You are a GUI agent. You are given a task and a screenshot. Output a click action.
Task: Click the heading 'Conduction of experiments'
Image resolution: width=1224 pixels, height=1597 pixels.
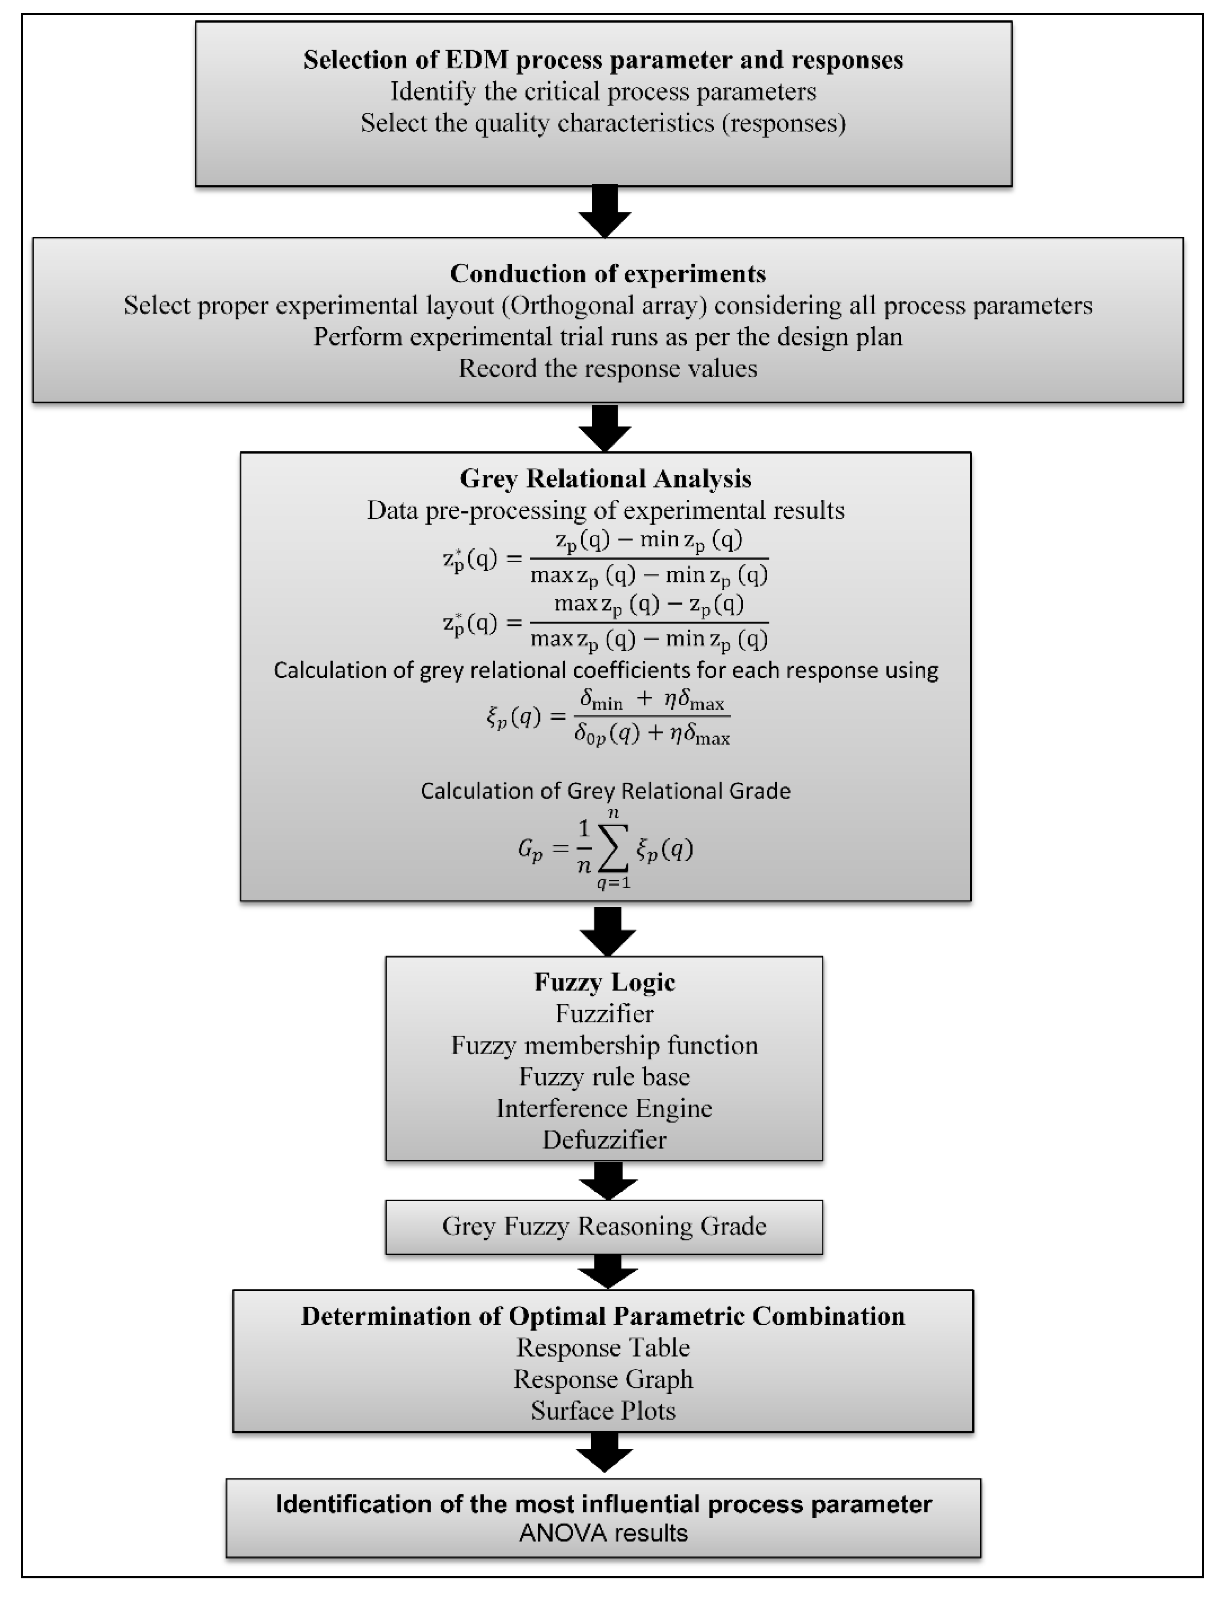pos(608,274)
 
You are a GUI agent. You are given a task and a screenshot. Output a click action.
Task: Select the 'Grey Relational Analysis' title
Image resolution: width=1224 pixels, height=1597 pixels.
pos(606,479)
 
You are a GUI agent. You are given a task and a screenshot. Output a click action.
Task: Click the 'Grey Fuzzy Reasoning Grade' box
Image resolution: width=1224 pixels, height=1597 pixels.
pos(604,1226)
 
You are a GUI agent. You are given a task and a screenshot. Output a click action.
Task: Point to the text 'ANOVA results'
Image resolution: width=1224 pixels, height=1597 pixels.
pos(603,1533)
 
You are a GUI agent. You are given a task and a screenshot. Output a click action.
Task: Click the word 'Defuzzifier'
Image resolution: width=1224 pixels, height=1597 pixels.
pos(604,1139)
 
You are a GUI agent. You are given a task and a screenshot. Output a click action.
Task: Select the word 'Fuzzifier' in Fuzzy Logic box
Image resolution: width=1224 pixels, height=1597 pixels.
pos(604,1013)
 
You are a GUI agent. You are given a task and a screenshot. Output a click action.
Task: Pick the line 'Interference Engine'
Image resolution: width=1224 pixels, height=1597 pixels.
pos(604,1108)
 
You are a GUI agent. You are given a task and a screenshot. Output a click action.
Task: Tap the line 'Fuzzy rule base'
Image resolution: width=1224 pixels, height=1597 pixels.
pos(604,1077)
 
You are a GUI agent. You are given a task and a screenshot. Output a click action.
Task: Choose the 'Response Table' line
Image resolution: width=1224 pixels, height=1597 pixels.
pos(603,1348)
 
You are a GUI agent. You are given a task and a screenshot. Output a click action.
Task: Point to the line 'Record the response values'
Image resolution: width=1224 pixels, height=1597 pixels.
pos(608,369)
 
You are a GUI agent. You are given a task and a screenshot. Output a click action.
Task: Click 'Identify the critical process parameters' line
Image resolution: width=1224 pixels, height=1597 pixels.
pos(603,92)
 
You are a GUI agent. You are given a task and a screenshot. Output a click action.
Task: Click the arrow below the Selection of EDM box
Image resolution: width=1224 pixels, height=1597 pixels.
pos(605,211)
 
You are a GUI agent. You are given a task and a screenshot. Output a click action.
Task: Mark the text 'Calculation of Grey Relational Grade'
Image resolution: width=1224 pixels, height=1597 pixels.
pos(606,791)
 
